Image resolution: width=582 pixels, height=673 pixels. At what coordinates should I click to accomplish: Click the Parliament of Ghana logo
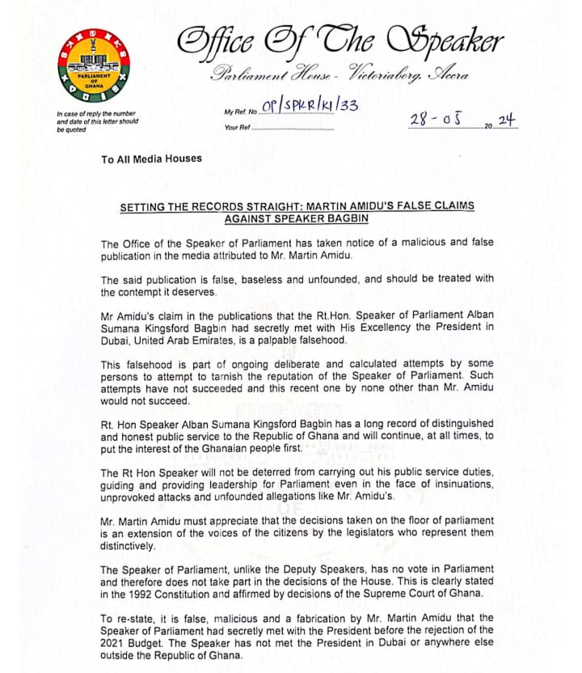[95, 68]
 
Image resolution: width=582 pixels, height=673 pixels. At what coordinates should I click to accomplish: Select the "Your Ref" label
[238, 128]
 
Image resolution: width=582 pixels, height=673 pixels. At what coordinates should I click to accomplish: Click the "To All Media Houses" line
[151, 159]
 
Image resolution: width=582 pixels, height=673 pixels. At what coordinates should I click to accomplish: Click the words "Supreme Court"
[421, 594]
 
